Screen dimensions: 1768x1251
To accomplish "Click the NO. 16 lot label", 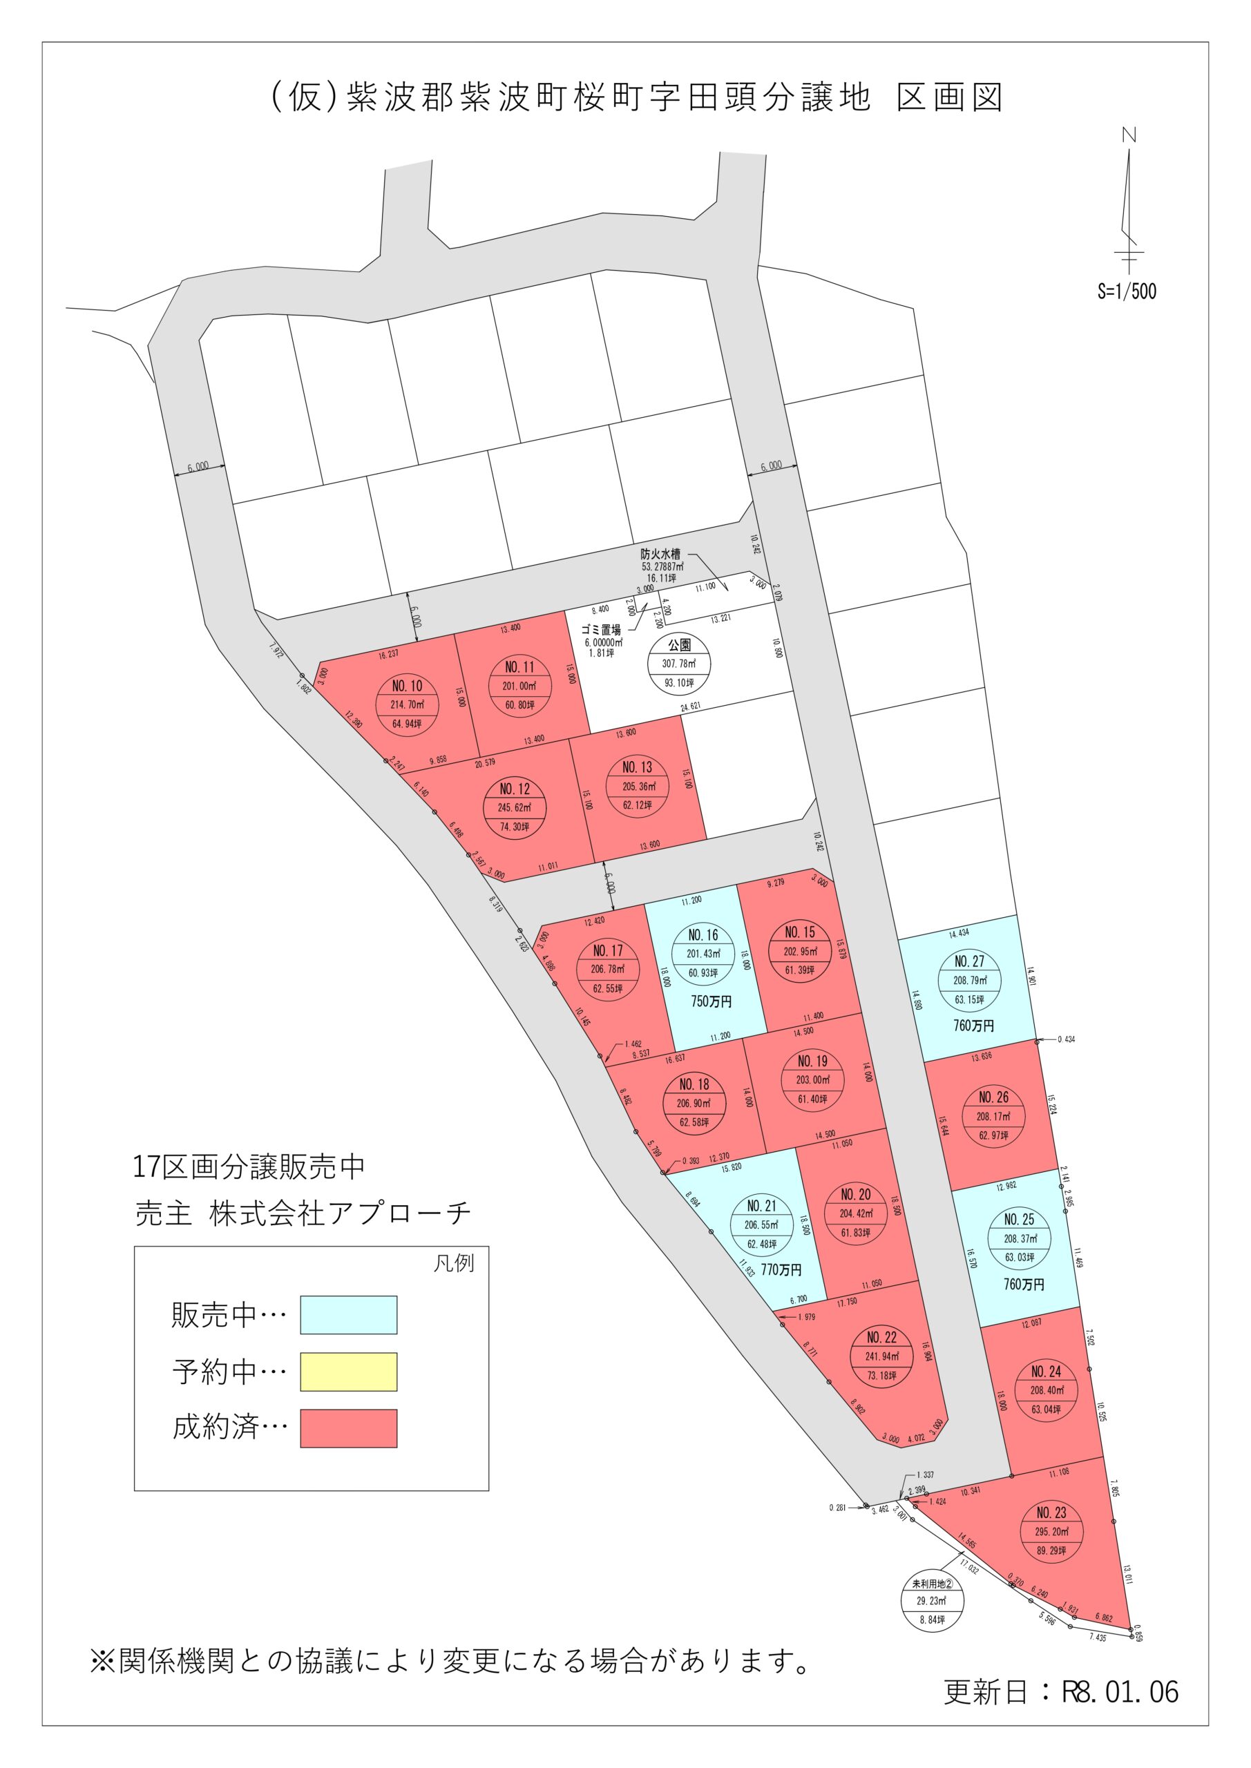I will pos(703,935).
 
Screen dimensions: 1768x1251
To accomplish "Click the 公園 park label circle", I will pos(678,664).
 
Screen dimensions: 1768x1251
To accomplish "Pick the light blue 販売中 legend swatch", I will pos(348,1314).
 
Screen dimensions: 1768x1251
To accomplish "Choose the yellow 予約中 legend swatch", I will pos(348,1372).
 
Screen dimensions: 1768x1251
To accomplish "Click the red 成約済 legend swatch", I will pos(348,1428).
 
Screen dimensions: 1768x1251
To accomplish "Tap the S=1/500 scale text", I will pos(1126,291).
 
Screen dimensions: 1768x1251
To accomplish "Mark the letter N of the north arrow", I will pos(1129,135).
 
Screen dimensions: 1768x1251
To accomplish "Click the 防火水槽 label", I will pos(660,553).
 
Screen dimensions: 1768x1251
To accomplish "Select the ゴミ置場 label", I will pos(601,629).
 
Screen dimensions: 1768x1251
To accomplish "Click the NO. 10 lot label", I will pos(407,686).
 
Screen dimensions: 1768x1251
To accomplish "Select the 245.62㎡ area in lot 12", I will pos(514,808).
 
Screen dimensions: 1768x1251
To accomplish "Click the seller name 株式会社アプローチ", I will pos(340,1213).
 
